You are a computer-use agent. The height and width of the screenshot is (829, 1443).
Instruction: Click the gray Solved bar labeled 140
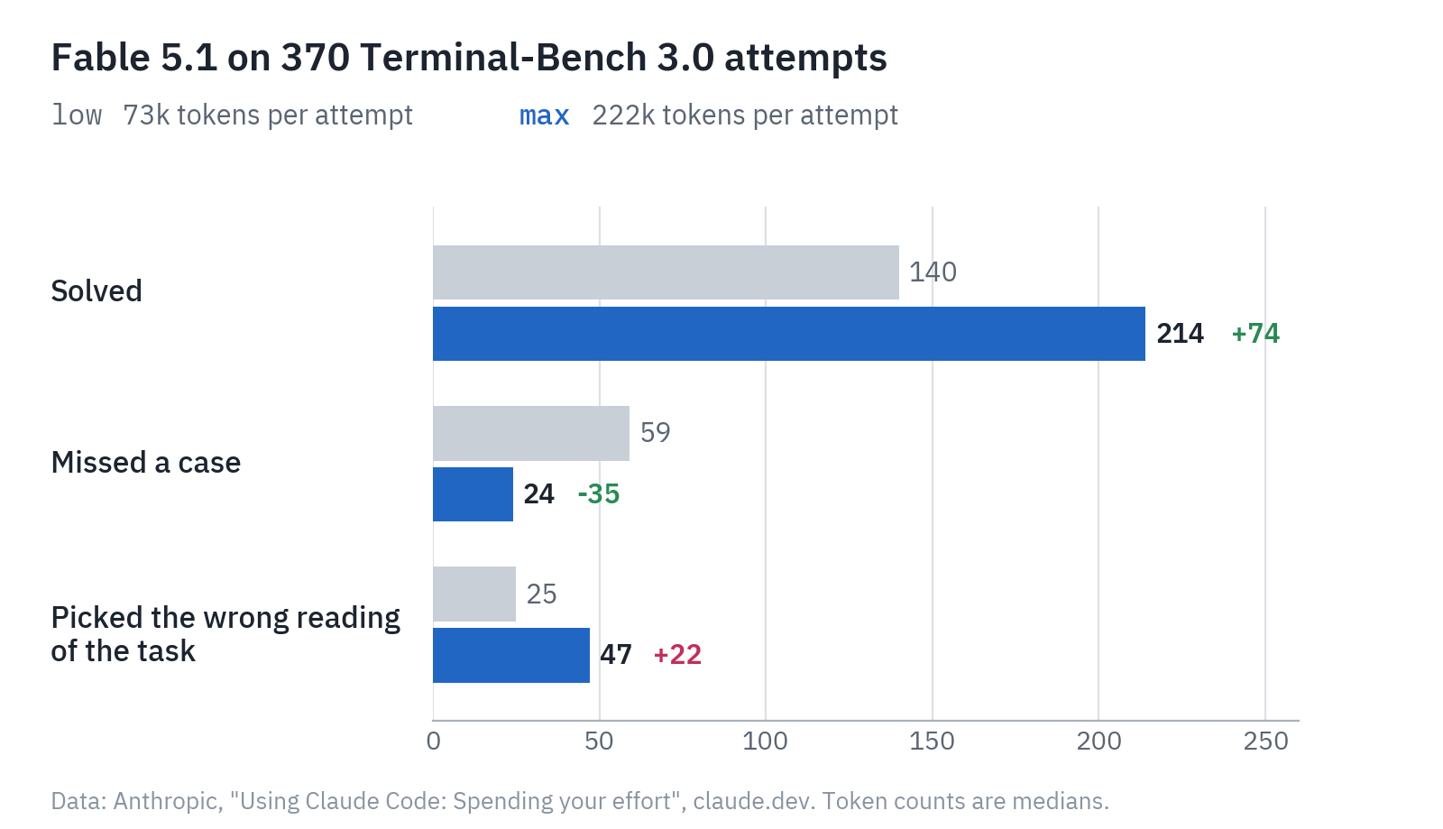click(666, 272)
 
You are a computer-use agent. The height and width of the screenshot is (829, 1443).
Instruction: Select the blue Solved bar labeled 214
click(789, 334)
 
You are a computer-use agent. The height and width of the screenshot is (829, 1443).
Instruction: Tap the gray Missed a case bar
click(531, 434)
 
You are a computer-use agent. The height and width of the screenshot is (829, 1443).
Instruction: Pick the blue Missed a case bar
click(473, 494)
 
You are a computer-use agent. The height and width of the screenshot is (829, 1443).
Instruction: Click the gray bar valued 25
click(474, 594)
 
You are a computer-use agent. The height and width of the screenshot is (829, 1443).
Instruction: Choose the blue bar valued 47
click(510, 655)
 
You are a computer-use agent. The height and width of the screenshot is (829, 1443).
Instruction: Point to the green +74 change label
click(1255, 334)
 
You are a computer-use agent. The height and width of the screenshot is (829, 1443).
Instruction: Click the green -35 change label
click(599, 494)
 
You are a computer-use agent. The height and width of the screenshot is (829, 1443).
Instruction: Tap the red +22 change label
click(677, 655)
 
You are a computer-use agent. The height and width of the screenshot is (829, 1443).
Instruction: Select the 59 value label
click(655, 433)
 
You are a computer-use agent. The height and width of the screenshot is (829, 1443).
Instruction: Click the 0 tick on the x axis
click(434, 741)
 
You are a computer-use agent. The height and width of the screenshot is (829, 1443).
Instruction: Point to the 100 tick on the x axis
click(766, 741)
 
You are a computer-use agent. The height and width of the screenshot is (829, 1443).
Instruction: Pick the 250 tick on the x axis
click(1266, 741)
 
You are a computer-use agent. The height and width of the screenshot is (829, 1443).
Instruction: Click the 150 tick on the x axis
click(933, 741)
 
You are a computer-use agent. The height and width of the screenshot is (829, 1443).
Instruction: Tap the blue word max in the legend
click(545, 116)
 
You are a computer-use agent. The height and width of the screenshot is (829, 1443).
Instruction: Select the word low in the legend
click(77, 115)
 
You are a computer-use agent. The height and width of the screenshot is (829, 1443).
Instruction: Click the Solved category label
click(97, 291)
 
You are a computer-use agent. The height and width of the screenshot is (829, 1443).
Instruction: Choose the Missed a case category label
click(146, 463)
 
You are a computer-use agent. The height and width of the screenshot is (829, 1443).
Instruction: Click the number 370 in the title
click(316, 58)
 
